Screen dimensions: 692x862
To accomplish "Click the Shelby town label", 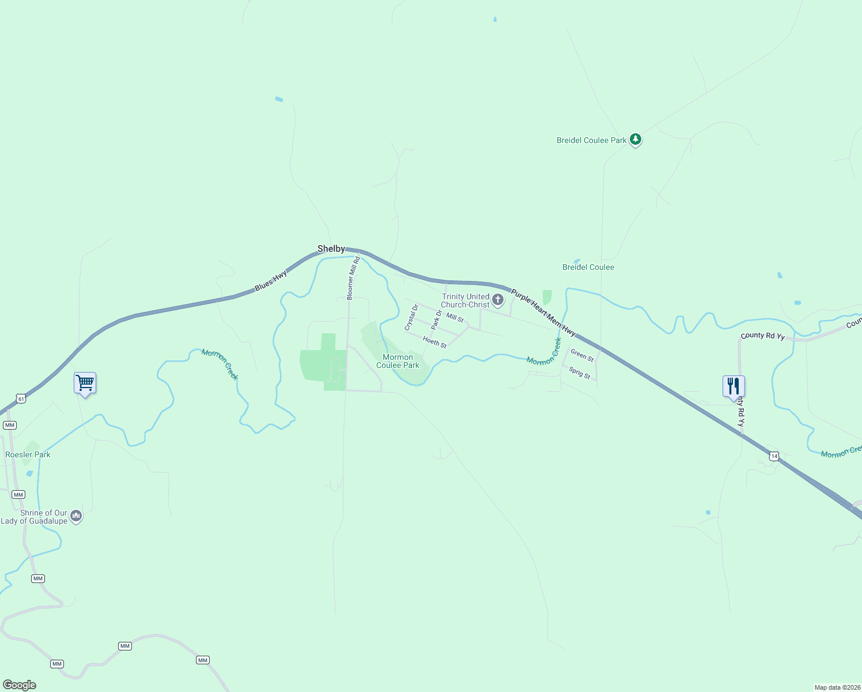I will coord(331,249).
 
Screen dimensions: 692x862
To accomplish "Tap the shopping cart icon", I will coord(85,382).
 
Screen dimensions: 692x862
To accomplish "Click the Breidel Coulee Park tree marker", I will coord(636,139).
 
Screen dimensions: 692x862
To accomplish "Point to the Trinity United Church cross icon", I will coord(498,300).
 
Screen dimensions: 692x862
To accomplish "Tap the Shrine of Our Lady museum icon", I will coord(76,516).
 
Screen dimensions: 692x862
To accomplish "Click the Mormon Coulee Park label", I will coord(398,361).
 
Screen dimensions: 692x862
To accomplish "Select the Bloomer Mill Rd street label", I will coord(353,278).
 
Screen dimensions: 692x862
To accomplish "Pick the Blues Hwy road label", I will coord(271,281).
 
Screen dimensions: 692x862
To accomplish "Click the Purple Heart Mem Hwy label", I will coord(543,313).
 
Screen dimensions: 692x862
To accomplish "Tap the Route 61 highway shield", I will coord(21,398).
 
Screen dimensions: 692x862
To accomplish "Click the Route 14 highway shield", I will coord(774,456).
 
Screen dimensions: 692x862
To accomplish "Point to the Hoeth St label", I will coord(434,342).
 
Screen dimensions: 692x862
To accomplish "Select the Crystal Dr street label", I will coord(411,318).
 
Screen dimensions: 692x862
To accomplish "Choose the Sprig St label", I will coord(580,373).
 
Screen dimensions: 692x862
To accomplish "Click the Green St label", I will coord(582,355).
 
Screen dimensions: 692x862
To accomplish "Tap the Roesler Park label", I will coord(28,454).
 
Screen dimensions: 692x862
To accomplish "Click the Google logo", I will coord(20,685).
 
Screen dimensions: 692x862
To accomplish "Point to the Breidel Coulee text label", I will coord(588,267).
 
